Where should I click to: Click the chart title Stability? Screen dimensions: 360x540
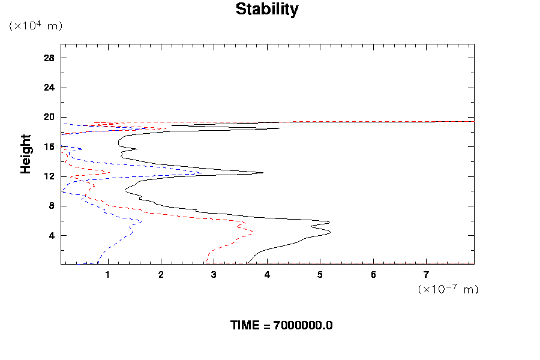266,10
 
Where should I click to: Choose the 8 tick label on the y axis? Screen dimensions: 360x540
52,206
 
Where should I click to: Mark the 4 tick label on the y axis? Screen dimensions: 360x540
52,235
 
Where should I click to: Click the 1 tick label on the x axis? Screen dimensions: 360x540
107,275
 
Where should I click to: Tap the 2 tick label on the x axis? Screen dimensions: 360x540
161,275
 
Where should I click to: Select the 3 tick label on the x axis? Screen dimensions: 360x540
214,275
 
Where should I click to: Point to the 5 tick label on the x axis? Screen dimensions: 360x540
320,275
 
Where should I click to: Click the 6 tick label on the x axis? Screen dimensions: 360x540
373,275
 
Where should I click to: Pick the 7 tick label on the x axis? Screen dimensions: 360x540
427,275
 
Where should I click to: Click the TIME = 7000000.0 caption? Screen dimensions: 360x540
281,325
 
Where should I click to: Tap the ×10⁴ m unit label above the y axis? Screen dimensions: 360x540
35,26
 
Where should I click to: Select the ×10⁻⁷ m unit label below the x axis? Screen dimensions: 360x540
448,289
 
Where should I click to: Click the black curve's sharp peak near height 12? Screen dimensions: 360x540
263,173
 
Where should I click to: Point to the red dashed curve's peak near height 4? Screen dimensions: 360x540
252,232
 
